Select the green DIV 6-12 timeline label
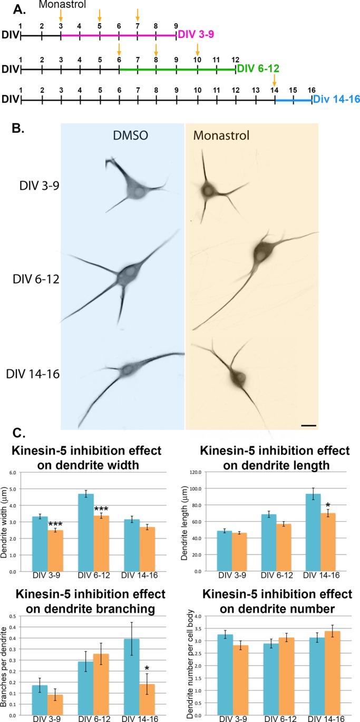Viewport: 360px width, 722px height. point(258,69)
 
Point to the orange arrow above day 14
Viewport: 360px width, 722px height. point(274,80)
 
